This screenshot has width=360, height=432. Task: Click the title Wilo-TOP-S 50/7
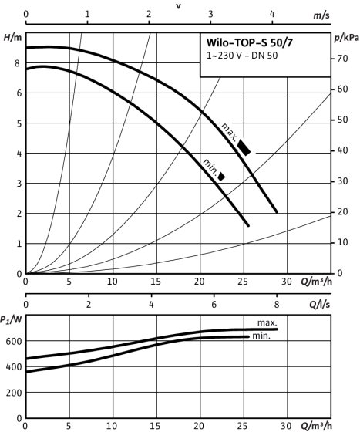tap(250, 42)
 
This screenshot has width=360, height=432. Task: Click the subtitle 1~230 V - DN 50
tap(242, 56)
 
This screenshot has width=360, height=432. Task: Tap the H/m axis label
tap(12, 37)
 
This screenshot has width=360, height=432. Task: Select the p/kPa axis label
tap(347, 38)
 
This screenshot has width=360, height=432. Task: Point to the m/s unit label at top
tap(321, 15)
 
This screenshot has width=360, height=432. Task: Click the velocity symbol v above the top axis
tap(178, 6)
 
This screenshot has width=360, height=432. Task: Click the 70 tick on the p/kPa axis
tap(343, 59)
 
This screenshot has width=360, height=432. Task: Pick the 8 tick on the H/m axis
tap(17, 63)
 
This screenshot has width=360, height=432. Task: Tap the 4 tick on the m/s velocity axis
tap(272, 14)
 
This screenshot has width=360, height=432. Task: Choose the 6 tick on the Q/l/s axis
tap(214, 305)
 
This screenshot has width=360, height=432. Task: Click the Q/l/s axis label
tap(320, 305)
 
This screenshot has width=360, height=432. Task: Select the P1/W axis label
tap(11, 320)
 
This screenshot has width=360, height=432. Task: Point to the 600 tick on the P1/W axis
tap(14, 341)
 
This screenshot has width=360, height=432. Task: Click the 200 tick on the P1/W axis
tap(14, 393)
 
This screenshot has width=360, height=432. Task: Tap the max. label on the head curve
tap(229, 132)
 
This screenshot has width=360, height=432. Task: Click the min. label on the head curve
tap(210, 166)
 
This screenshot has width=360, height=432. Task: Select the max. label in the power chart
tap(267, 322)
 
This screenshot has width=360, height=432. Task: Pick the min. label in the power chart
tap(261, 336)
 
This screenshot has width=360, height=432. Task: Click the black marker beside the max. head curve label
tap(244, 147)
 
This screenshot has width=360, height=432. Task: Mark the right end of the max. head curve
tap(277, 212)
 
